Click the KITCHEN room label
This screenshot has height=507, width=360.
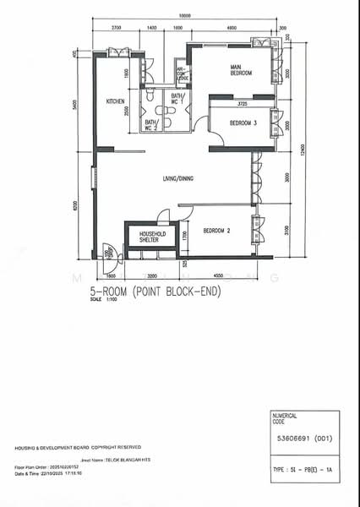116,101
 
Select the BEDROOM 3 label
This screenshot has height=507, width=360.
238,123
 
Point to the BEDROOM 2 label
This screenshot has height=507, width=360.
217,230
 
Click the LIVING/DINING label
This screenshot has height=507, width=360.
179,178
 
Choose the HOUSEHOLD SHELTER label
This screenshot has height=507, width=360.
153,236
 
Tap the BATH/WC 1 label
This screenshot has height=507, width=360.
177,99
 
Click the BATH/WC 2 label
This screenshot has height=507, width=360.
150,125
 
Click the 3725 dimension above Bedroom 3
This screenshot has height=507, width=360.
242,104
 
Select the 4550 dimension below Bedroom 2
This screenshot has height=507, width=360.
218,275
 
